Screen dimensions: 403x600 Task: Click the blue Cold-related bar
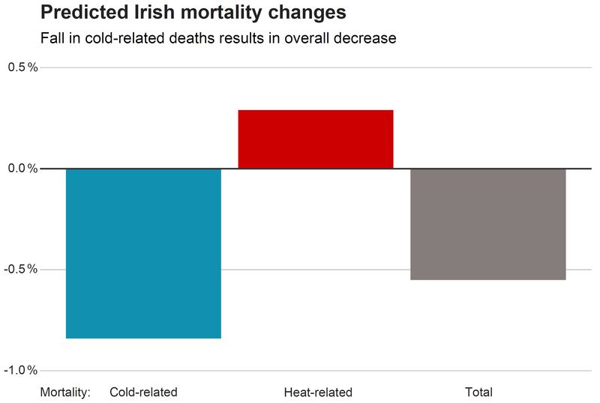click(x=143, y=253)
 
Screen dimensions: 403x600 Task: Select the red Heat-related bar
click(x=316, y=139)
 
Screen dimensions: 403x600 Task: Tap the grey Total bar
click(x=488, y=224)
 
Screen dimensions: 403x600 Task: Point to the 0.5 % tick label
click(x=22, y=67)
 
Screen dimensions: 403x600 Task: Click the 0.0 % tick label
click(x=22, y=169)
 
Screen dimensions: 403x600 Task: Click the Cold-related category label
click(x=143, y=393)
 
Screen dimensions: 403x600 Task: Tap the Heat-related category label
click(x=318, y=393)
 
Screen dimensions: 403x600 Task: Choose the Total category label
click(x=478, y=393)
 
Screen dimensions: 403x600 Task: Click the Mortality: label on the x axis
click(x=65, y=393)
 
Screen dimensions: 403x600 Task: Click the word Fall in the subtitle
click(x=51, y=37)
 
